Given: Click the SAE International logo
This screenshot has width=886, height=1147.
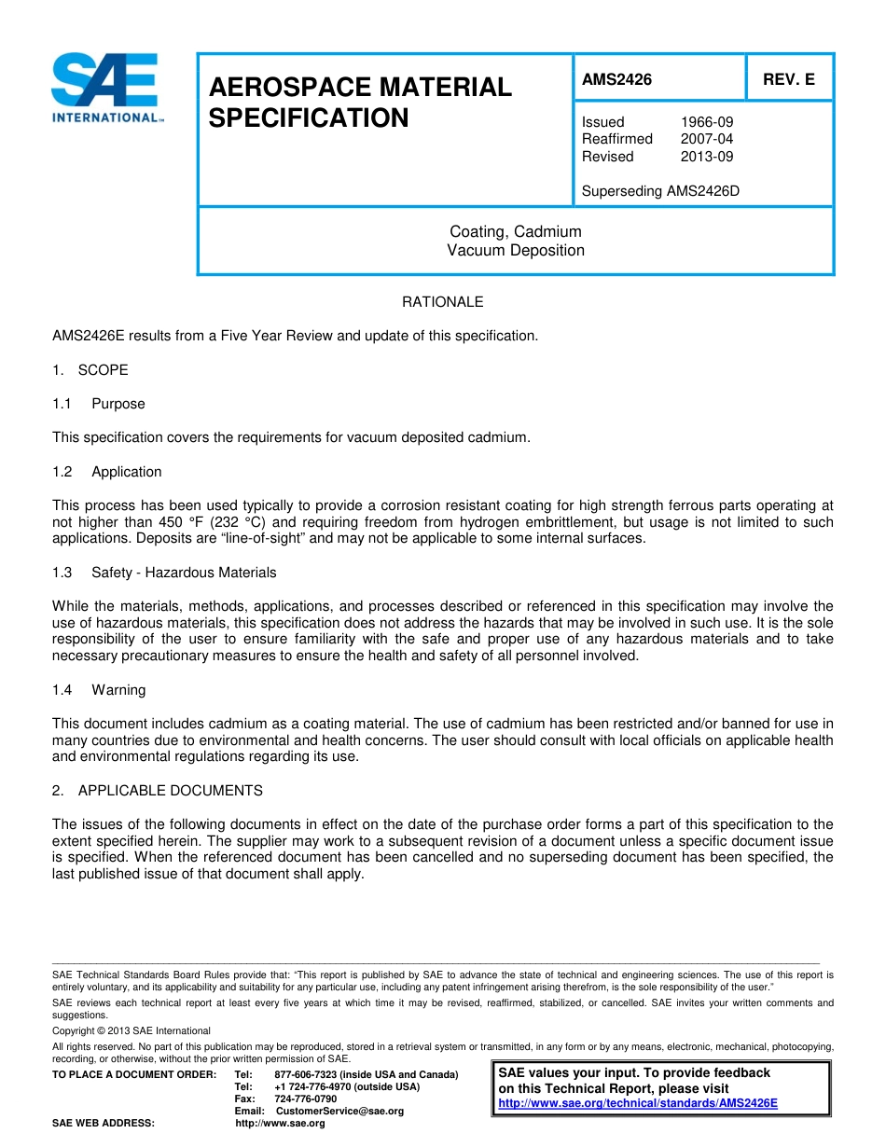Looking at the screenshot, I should point(107,89).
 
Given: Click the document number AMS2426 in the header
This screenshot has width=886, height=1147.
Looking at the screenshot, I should point(616,79).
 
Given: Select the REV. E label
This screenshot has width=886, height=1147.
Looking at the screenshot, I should point(789,79).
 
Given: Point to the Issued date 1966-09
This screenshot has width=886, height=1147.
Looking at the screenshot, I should point(706,122).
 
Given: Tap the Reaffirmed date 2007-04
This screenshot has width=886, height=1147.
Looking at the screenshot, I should point(706,139).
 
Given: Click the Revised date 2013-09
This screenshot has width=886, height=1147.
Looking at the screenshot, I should point(706,157).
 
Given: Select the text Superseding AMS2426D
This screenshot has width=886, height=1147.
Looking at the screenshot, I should point(660,191).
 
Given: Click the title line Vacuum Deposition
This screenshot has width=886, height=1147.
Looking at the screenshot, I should point(516,250).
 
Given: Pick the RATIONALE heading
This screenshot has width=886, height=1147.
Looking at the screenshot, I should point(442,302).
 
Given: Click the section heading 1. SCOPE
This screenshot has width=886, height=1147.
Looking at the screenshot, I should point(90,370).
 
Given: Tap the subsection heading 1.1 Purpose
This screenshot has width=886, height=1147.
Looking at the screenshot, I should point(99,404).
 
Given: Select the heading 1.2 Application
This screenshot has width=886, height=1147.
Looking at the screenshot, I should point(107,472).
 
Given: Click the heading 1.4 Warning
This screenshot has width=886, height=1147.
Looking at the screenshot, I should point(99,690).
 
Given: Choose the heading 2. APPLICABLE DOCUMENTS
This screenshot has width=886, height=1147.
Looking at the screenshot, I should point(158,791).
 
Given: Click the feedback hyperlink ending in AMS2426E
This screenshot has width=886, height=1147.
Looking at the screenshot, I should point(638,1102).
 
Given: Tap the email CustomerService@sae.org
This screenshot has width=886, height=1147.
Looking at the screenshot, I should point(339,1111).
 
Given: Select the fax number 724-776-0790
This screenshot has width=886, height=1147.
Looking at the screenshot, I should point(306,1099).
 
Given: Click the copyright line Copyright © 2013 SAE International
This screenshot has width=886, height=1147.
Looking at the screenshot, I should point(132,1030).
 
